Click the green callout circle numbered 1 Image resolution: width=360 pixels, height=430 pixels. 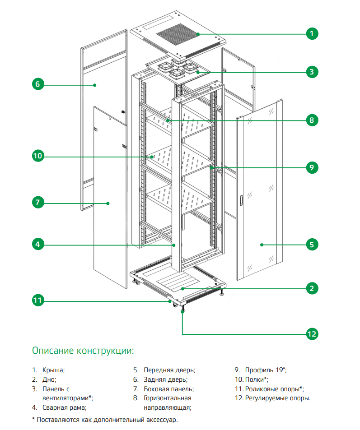pyautogui.click(x=311, y=33)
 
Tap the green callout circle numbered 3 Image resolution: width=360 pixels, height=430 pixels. pyautogui.click(x=311, y=71)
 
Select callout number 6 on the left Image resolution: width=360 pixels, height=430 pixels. pyautogui.click(x=37, y=84)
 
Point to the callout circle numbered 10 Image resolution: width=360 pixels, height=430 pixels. pyautogui.click(x=37, y=156)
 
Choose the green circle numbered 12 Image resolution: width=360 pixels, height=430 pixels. pyautogui.click(x=311, y=334)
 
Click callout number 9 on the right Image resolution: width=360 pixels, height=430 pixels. pyautogui.click(x=311, y=167)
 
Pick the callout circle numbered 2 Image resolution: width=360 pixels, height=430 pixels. pyautogui.click(x=311, y=288)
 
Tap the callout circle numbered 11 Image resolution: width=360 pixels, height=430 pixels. pyautogui.click(x=37, y=300)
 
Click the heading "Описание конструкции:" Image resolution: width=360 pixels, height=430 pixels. pyautogui.click(x=83, y=351)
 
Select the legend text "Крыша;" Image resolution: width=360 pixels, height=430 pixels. pyautogui.click(x=54, y=370)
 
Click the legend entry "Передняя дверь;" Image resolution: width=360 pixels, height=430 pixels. pyautogui.click(x=169, y=370)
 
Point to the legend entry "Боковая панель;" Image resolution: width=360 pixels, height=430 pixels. pyautogui.click(x=168, y=388)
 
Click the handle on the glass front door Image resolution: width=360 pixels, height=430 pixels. pyautogui.click(x=242, y=200)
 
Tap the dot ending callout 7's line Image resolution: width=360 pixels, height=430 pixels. pyautogui.click(x=108, y=203)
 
